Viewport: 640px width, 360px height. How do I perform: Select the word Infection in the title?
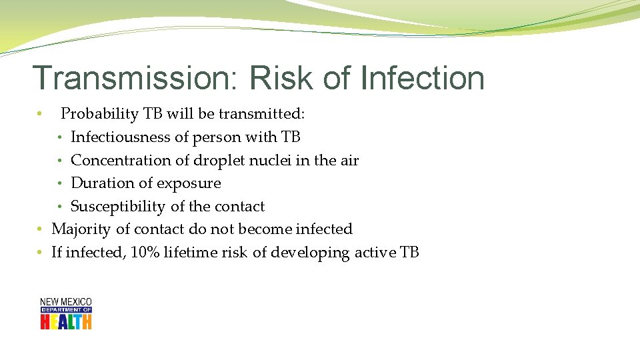coord(421,78)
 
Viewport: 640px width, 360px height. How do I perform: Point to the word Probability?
coord(100,115)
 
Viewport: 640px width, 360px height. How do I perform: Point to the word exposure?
coord(188,183)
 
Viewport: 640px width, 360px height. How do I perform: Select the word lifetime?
coord(190,253)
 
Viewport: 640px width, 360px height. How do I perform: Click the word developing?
coord(312,253)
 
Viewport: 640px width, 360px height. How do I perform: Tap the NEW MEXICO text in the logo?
coord(66,302)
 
